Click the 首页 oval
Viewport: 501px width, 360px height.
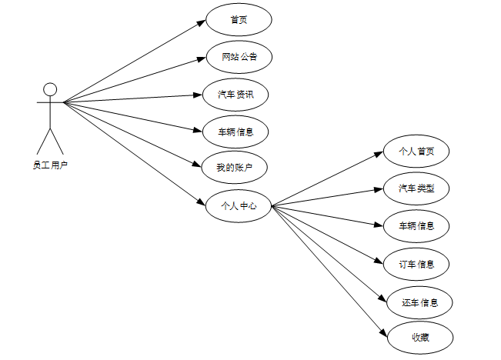[x=239, y=20]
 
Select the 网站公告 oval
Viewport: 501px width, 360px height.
[x=239, y=57]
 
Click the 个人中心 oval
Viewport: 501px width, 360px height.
[x=239, y=205]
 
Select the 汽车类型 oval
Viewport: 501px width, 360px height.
[x=416, y=188]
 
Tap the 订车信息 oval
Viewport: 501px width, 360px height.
[x=416, y=265]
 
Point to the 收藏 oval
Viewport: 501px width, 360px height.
[x=419, y=337]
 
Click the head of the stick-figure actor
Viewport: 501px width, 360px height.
[x=50, y=88]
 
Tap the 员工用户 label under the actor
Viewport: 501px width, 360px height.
[x=50, y=164]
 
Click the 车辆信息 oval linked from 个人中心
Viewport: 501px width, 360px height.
[x=416, y=226]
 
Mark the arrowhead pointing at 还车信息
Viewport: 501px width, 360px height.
[x=382, y=298]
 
